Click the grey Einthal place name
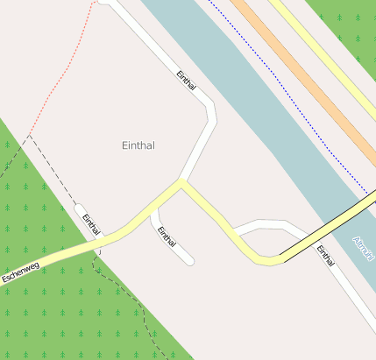coord(138,145)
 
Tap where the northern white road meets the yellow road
coord(181,183)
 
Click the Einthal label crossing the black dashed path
coord(91,223)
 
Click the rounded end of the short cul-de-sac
coord(189,260)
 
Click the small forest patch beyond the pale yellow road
coord(351,22)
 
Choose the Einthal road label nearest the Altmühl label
coord(326,256)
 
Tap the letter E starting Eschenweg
coord(5,279)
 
